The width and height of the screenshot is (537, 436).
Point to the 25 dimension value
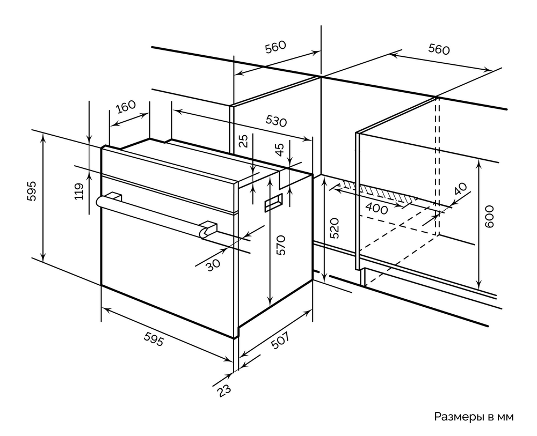pos(244,142)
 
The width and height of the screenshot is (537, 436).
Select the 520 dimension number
pos(333,228)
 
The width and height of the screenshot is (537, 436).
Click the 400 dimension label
pos(377,209)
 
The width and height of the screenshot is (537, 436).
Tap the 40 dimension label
pos(460,190)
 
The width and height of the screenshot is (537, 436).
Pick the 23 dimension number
pos(224,389)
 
